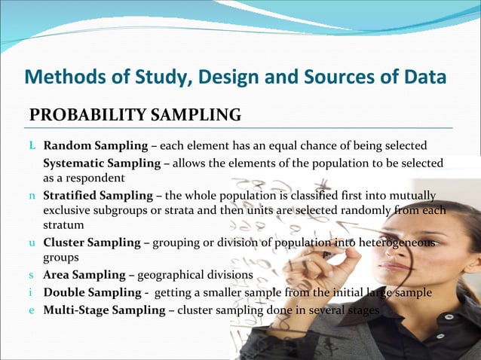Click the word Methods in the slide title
pyautogui.click(x=58, y=77)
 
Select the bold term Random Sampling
pyautogui.click(x=93, y=145)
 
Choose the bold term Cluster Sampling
pyautogui.click(x=92, y=243)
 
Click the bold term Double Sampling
pyautogui.click(x=90, y=292)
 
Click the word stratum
pyautogui.click(x=63, y=225)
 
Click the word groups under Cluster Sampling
pyautogui.click(x=60, y=257)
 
